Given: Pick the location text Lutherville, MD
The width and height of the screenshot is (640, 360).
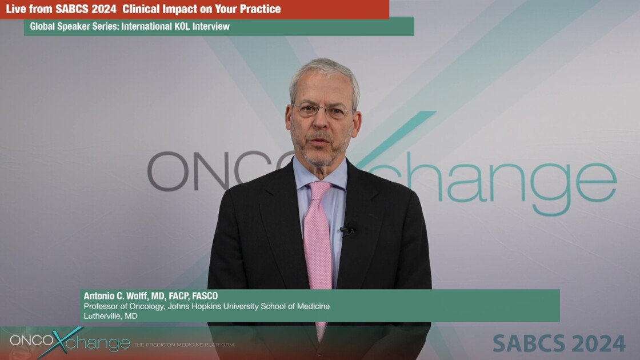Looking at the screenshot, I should [110, 315].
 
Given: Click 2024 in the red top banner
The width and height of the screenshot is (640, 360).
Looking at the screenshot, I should [102, 9].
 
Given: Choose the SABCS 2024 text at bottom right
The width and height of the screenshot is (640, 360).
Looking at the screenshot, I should [559, 343].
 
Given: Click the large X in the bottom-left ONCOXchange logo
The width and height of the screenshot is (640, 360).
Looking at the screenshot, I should [59, 342].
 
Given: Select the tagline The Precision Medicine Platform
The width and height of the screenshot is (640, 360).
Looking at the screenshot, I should [183, 345].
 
